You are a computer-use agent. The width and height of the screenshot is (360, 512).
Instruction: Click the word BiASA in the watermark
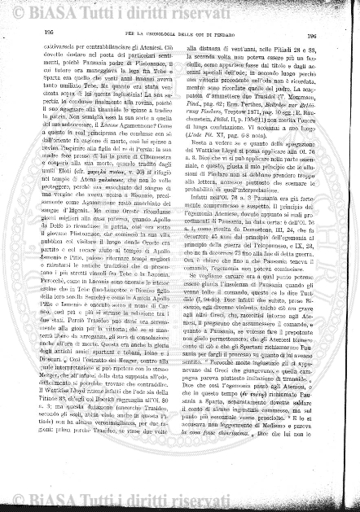point(60,12)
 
